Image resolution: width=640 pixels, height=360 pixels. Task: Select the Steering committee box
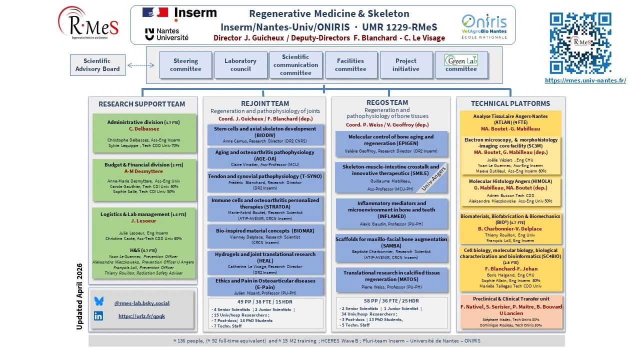(x=185, y=65)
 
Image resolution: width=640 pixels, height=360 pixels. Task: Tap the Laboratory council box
(x=240, y=65)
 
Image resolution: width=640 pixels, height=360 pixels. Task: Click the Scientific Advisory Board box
(x=97, y=65)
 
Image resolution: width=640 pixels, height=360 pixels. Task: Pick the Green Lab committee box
(x=461, y=65)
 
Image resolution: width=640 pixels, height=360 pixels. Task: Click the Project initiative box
(x=406, y=65)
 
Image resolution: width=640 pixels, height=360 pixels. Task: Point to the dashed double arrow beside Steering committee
(x=141, y=65)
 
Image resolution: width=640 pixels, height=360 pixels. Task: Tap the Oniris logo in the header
(x=484, y=24)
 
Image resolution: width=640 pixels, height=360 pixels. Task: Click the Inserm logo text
(x=195, y=13)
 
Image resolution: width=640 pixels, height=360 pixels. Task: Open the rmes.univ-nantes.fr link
(x=585, y=80)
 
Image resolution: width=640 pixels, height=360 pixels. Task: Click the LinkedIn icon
(x=98, y=316)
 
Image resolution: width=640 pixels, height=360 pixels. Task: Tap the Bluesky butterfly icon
(x=99, y=301)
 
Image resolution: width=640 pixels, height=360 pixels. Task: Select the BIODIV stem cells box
(x=265, y=134)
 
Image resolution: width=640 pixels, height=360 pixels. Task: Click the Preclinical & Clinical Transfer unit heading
(x=510, y=299)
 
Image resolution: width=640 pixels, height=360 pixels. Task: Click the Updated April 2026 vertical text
(x=79, y=296)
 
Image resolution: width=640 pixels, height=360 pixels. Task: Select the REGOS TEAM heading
(x=387, y=103)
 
